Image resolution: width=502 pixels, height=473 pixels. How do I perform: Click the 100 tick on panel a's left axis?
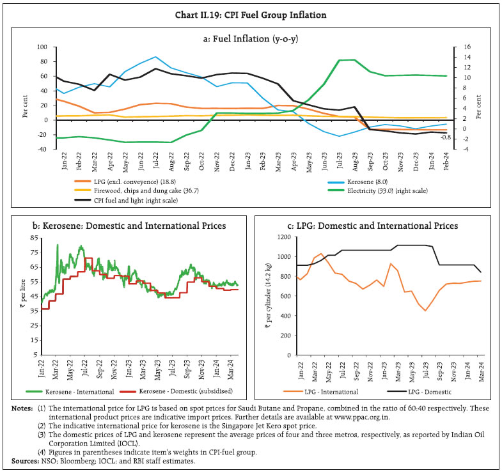42,47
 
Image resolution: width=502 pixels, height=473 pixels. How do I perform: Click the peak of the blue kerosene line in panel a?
156,57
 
